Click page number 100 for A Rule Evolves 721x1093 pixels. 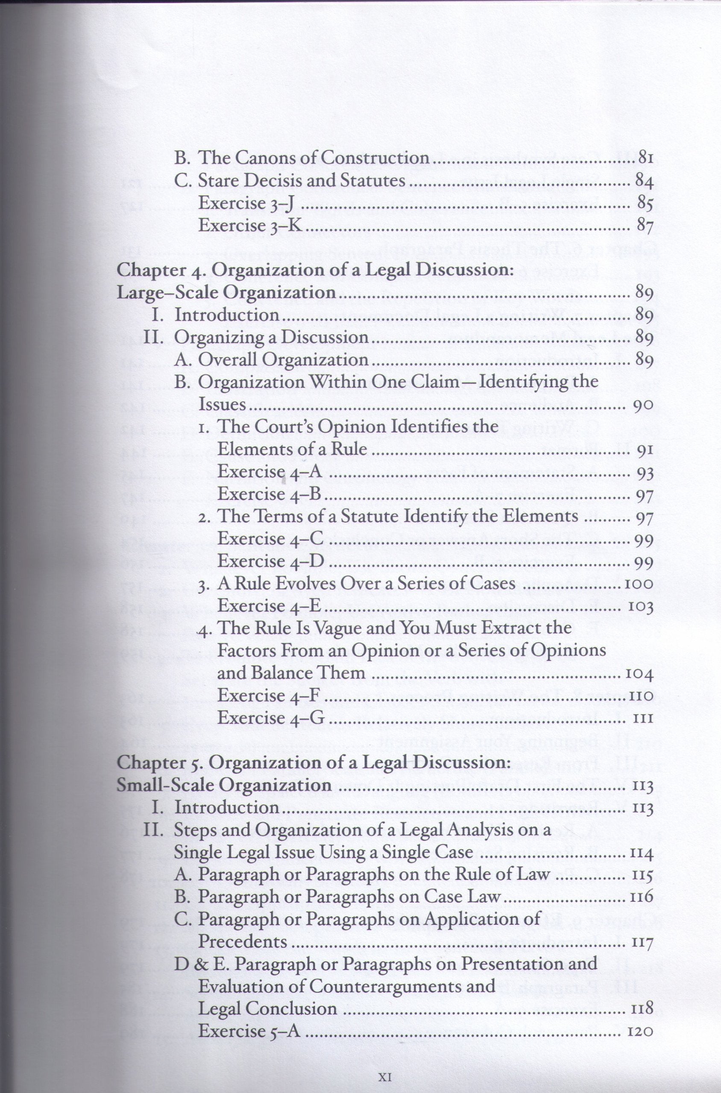click(x=639, y=584)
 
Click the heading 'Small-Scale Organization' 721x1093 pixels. click(x=224, y=785)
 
